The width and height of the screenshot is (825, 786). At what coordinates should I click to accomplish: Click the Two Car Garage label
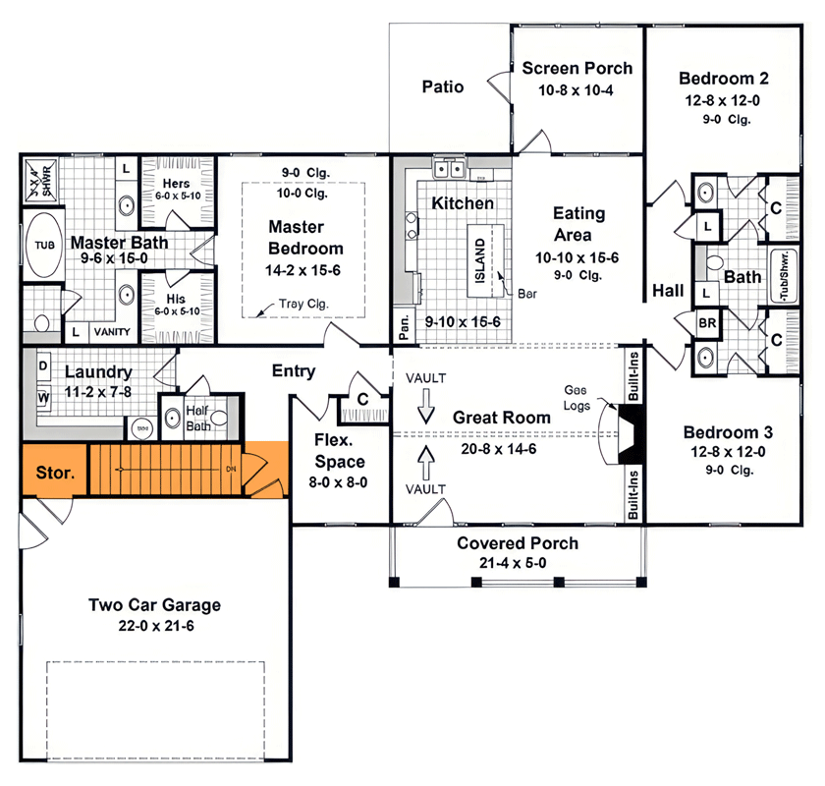coord(154,605)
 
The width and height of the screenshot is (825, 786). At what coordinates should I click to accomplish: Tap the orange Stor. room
coord(54,472)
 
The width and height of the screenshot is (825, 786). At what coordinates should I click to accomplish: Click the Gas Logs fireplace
coord(631,433)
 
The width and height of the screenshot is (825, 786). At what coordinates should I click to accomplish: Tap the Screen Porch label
coord(577,69)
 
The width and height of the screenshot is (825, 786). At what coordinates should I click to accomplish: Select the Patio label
coord(443,86)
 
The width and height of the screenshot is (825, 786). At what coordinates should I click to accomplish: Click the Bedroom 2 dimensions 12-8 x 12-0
coord(723,99)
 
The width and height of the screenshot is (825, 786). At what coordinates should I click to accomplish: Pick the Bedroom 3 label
coord(728,432)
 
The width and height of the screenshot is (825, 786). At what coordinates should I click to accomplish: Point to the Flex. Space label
coord(340,450)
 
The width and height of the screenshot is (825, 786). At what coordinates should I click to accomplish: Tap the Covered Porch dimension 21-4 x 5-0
coord(518,562)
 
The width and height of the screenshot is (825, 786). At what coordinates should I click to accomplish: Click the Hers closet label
coord(177,184)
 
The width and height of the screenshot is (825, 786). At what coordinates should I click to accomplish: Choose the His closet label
coord(177,299)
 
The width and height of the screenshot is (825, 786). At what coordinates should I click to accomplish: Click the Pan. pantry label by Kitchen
coord(403,321)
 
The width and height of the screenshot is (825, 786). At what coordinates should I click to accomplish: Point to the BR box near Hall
coord(706,322)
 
